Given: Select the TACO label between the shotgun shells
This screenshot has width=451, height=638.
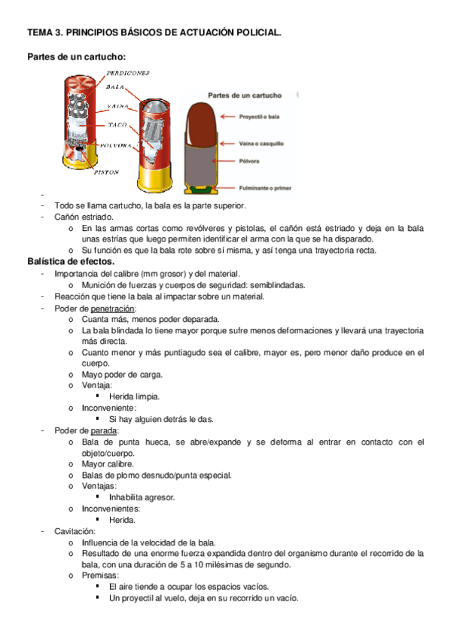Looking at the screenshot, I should point(117,125).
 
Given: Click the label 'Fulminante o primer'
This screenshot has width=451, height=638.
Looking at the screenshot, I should point(266,187).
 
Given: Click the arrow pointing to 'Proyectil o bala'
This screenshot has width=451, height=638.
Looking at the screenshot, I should point(229,117).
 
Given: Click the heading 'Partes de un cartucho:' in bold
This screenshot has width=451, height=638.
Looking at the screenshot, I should point(76,56).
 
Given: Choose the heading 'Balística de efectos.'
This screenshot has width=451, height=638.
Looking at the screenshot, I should point(71,261).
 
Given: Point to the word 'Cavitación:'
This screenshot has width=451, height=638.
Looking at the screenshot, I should point(74,531).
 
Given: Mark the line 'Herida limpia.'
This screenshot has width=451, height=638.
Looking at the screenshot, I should point(134,396).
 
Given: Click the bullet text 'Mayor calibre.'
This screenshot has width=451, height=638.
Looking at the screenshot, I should point(108,464).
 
